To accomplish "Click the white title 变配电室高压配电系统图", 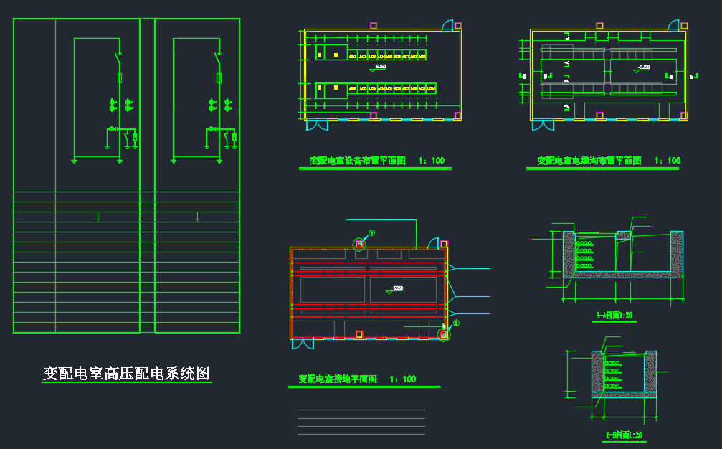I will coord(126,374).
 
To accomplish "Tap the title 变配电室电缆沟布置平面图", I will coord(589,161).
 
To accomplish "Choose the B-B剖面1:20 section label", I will coord(624,435).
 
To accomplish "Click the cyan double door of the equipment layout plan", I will coord(318,125).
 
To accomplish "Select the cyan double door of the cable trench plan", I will coord(543,125).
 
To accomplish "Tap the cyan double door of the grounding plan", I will coord(303,344).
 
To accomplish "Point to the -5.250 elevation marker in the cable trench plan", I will coord(643,68).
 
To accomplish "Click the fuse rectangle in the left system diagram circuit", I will coord(119,77).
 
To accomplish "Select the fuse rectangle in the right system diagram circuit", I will coord(218,77).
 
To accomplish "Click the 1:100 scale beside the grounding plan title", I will coord(402,379).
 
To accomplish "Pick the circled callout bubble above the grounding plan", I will coord(371,233).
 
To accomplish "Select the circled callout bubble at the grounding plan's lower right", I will coord(456,323).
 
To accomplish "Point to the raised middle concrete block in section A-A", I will coord(623,235).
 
